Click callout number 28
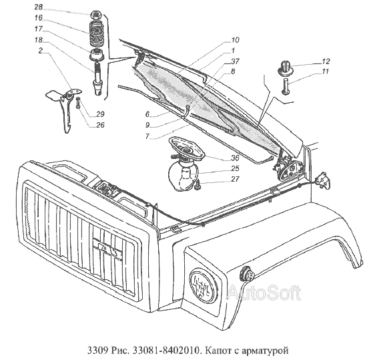coord(39,7)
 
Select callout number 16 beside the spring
coord(39,18)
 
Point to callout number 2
coord(41,51)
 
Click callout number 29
coord(100,114)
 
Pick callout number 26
coord(100,125)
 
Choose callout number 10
coord(235,40)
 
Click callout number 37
coord(235,61)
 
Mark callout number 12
coord(326,61)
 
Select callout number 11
coord(325,71)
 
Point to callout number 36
coord(235,158)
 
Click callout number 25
coord(235,168)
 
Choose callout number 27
coord(235,179)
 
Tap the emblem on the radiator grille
coord(107,250)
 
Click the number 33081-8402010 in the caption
coord(167,351)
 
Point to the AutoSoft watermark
coord(265,293)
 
